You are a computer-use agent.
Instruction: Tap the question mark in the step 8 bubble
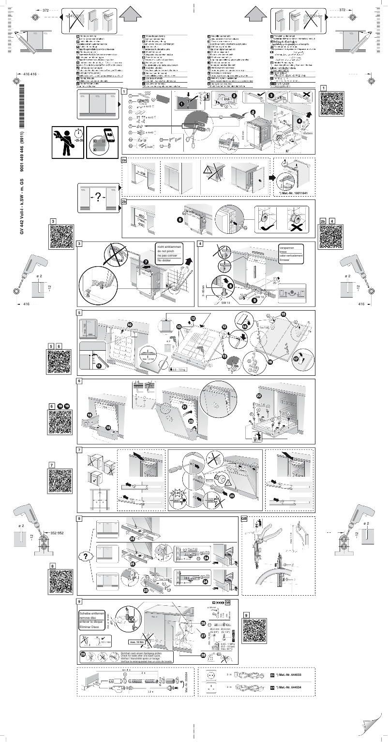point(85,556)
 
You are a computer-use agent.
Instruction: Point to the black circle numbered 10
point(130,325)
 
